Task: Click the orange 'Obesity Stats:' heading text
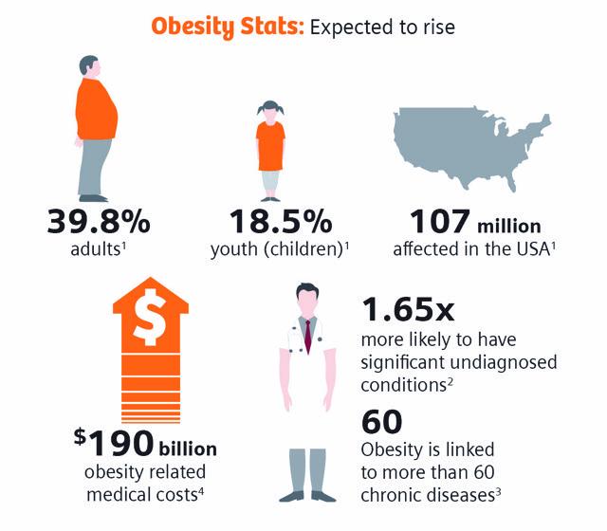tap(223, 26)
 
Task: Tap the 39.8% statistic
tap(99, 224)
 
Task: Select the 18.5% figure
tap(281, 224)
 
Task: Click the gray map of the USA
tap(470, 153)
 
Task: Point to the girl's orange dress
tap(270, 142)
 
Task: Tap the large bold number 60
tap(382, 420)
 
